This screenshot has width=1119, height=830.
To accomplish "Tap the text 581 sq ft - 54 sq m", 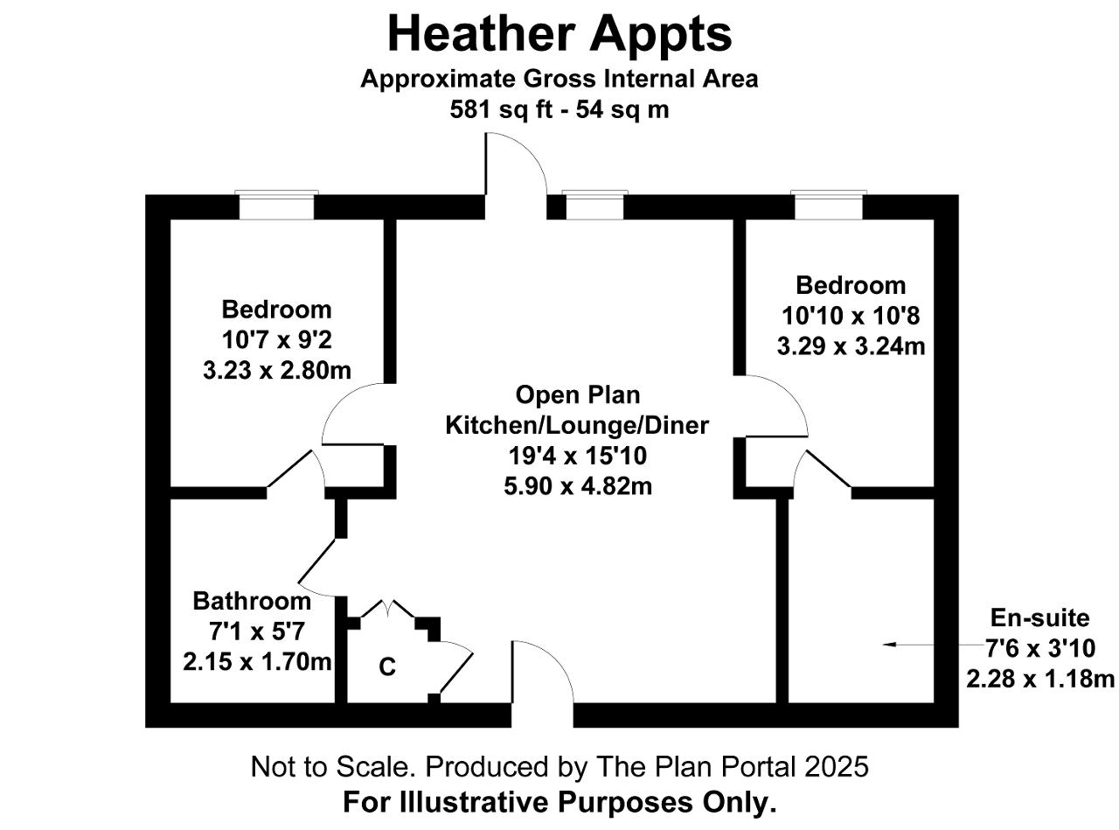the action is pos(559,109).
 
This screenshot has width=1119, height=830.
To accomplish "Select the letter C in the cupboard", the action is pos(387,667).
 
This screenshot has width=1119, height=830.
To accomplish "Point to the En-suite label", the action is pos(1039,617).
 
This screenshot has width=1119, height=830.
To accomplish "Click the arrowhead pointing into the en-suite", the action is pos(889,645).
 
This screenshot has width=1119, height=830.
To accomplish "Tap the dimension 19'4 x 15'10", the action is pos(577,456).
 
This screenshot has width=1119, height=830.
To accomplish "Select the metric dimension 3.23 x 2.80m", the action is pos(277,370).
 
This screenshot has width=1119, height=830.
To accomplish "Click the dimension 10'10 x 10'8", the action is pos(851,316).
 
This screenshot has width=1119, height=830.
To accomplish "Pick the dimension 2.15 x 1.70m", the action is pos(257,661).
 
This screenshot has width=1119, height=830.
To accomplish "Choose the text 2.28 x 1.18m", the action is pos(1040,678).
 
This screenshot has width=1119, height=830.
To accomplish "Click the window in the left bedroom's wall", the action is pos(276,206).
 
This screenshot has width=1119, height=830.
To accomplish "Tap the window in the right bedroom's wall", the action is pos(829,206).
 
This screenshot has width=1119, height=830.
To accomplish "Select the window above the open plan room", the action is pos(594,206).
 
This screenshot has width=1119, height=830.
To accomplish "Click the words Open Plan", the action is pos(578,394).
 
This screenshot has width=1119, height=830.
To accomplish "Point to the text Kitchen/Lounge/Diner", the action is pos(577,425).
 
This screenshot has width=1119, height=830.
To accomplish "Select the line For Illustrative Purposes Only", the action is pos(559,802).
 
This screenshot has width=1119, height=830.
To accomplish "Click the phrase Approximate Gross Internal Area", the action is pos(559,80).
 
